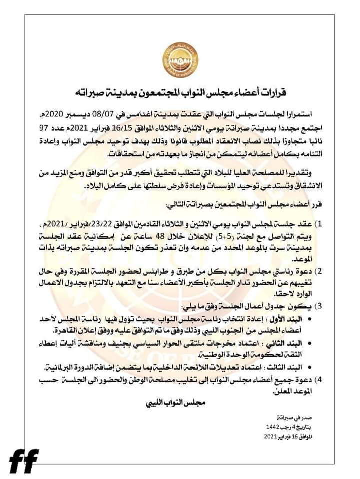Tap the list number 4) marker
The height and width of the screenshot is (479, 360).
click(337, 380)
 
